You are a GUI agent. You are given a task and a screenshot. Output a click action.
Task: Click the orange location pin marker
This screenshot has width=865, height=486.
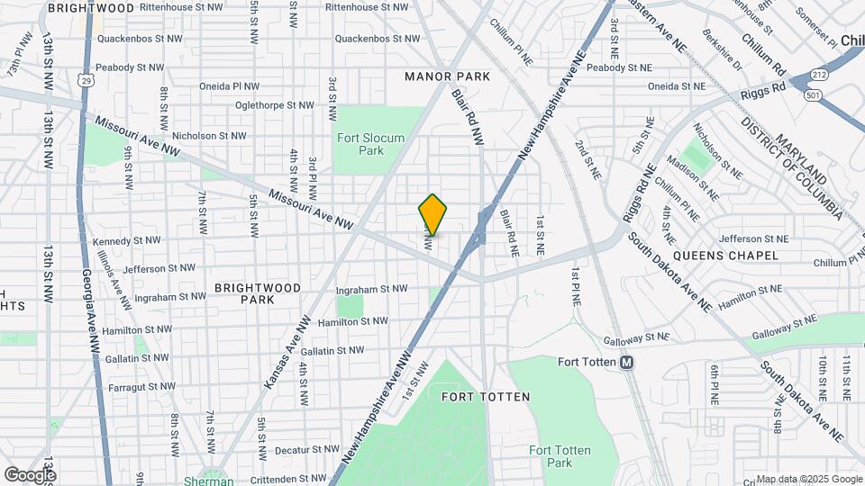[432, 215]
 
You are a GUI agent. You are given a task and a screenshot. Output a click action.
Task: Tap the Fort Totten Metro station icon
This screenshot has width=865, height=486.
[628, 362]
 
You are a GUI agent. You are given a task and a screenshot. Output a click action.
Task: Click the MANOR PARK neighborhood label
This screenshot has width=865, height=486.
[448, 76]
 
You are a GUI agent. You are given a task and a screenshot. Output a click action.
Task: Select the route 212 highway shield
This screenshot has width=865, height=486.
[818, 75]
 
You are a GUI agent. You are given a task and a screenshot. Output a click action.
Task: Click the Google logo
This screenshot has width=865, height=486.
[30, 474]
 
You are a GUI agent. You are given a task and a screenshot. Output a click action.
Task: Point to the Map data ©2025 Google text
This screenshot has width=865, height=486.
[808, 479]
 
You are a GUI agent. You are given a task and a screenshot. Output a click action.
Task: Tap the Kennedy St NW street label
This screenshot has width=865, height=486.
[127, 240]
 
